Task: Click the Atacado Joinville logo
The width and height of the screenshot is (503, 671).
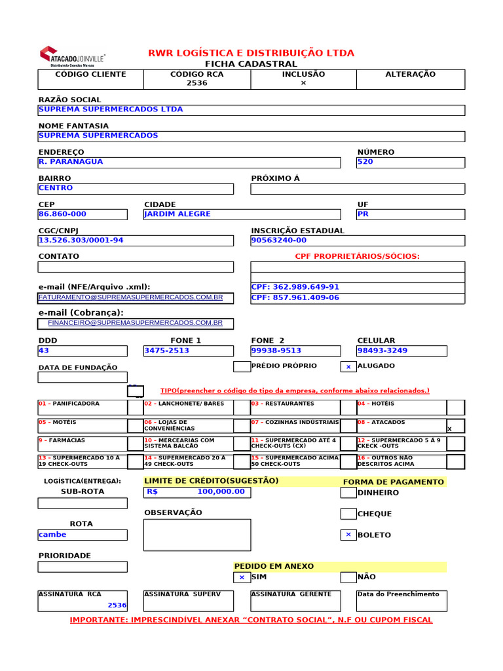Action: [x=72, y=56]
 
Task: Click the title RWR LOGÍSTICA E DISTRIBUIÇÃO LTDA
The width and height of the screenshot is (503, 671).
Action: [x=251, y=53]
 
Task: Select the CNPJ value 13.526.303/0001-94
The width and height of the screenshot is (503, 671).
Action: [x=81, y=240]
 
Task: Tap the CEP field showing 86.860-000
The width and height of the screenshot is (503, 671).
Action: [x=83, y=214]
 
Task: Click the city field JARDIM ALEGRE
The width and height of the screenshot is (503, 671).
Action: [x=242, y=214]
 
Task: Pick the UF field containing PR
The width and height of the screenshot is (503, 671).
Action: [x=410, y=214]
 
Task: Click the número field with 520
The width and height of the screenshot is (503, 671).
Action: [x=410, y=162]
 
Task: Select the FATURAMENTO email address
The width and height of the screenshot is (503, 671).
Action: [x=131, y=297]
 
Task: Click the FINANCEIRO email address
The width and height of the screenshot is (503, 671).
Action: [x=135, y=323]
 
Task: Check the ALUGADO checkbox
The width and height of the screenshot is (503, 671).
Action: [x=348, y=367]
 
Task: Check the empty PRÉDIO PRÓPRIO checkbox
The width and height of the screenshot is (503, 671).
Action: [x=242, y=366]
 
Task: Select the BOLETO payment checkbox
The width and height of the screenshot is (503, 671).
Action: [x=348, y=535]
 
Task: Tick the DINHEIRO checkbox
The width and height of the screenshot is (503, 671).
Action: [x=348, y=493]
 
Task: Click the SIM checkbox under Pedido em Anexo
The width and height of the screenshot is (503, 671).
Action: [x=242, y=577]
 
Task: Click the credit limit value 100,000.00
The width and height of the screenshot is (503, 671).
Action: [x=221, y=491]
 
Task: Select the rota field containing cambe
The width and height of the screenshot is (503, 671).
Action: [x=83, y=535]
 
